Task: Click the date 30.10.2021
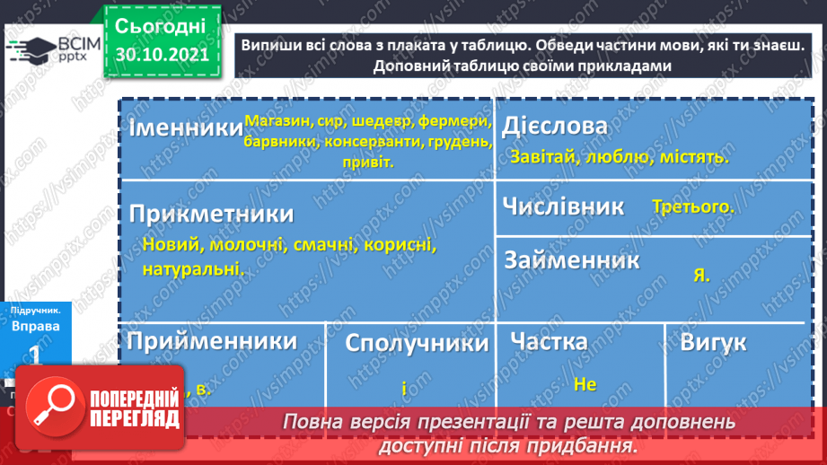[x=161, y=54]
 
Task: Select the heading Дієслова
[x=555, y=127]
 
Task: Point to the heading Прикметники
[x=211, y=215]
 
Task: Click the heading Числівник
[x=564, y=206]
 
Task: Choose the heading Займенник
[x=572, y=260]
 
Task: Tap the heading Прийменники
[x=212, y=340]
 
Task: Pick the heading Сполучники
[x=417, y=343]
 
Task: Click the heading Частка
[x=549, y=341]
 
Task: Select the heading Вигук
[x=713, y=342]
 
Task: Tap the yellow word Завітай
[x=542, y=156]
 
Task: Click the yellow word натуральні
[x=191, y=268]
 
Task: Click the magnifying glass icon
[x=52, y=408]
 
